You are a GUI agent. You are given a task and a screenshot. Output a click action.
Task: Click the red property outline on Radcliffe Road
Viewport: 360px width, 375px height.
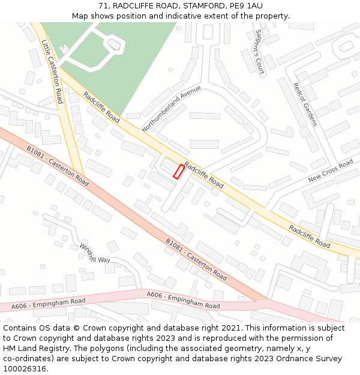(178, 172)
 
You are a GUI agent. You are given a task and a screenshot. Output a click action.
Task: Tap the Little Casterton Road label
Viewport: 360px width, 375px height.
(52, 71)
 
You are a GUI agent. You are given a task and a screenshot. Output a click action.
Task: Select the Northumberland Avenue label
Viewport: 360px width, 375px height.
(171, 109)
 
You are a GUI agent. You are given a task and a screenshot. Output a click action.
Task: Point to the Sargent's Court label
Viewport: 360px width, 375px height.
(260, 52)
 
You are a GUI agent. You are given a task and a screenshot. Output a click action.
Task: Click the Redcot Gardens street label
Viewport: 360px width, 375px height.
(305, 104)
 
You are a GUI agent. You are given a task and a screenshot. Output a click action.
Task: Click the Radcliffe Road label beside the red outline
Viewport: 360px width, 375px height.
(204, 175)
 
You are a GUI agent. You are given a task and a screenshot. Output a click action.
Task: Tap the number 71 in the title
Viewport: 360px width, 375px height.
(103, 6)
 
